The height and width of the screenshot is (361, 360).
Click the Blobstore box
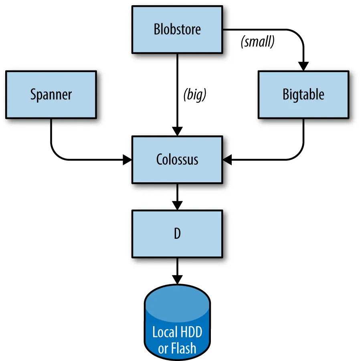tap(177, 30)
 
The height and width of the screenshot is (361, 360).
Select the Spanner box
tap(51, 95)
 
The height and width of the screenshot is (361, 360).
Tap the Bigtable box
tap(303, 95)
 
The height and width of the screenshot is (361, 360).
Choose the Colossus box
tap(177, 160)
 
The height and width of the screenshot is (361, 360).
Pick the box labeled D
tap(177, 234)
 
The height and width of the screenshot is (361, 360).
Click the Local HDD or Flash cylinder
tap(177, 322)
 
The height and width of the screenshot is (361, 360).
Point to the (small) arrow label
tap(257, 42)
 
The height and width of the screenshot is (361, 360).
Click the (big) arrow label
tap(194, 95)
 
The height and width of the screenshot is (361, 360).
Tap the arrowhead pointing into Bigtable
tap(303, 66)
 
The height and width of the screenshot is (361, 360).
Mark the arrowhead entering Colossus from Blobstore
tap(177, 131)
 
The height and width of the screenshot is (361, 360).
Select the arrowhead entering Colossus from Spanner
tap(127, 160)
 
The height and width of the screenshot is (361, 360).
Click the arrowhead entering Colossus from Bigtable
tap(227, 160)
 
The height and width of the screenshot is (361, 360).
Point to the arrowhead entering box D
tap(177, 206)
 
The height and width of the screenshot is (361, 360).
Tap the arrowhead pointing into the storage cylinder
tap(177, 280)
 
